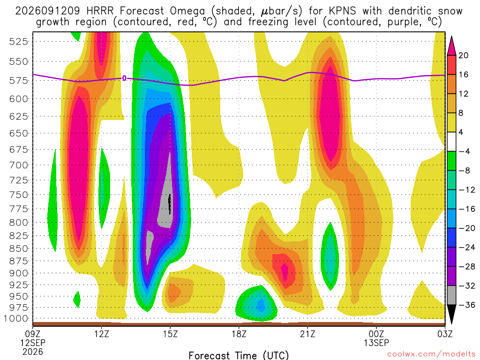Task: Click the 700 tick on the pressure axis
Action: pyautogui.click(x=19, y=165)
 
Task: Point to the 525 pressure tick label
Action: pyautogui.click(x=19, y=41)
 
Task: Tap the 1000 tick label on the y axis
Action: pyautogui.click(x=15, y=318)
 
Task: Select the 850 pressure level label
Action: pyautogui.click(x=19, y=248)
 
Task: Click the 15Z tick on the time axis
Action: pyautogui.click(x=170, y=333)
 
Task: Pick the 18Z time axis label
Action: pyautogui.click(x=239, y=333)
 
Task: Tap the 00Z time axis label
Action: pyautogui.click(x=376, y=333)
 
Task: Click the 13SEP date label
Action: pyautogui.click(x=376, y=343)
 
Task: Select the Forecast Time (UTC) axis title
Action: pyautogui.click(x=239, y=355)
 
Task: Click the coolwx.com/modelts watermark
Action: pyautogui.click(x=431, y=354)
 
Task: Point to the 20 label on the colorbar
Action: pyautogui.click(x=464, y=55)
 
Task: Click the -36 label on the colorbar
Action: pyautogui.click(x=466, y=305)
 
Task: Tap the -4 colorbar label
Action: pyautogui.click(x=464, y=151)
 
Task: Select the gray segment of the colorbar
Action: pyautogui.click(x=451, y=295)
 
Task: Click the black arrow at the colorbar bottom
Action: pyautogui.click(x=451, y=314)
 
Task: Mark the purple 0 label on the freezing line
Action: pyautogui.click(x=124, y=78)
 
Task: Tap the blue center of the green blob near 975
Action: pyautogui.click(x=261, y=305)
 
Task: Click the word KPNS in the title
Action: pyautogui.click(x=342, y=11)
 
